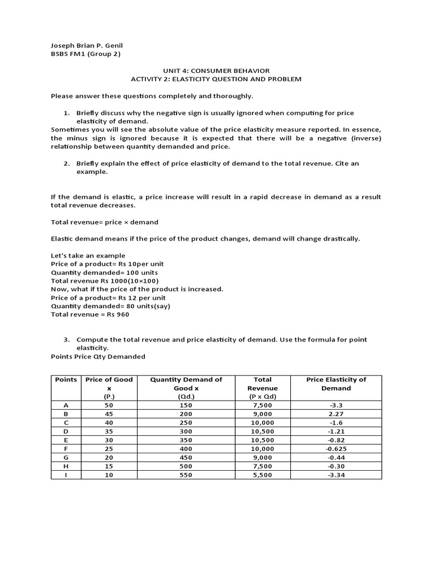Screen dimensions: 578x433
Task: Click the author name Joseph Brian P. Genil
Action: pos(86,45)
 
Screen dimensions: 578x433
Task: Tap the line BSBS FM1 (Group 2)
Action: pos(85,54)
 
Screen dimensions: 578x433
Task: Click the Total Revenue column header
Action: pos(262,388)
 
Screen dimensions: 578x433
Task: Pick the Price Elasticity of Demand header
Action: pos(336,384)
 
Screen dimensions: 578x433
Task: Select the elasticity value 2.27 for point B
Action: pos(336,414)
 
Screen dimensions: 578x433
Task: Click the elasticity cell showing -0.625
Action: pos(336,449)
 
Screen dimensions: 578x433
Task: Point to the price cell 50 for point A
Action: pos(109,405)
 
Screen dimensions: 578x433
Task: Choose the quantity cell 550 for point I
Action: pos(186,475)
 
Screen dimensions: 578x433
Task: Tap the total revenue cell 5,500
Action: pos(262,475)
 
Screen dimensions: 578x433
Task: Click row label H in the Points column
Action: pos(66,466)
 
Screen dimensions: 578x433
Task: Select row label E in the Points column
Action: pos(66,440)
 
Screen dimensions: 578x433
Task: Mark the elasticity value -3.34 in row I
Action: pos(336,475)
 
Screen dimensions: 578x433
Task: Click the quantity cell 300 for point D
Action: pos(186,431)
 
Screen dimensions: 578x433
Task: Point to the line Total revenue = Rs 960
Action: pos(90,314)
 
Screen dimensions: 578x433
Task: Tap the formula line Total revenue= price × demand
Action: pos(104,222)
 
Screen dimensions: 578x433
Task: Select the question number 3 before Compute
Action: pos(66,339)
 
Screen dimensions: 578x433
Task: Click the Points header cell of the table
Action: pos(66,379)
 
